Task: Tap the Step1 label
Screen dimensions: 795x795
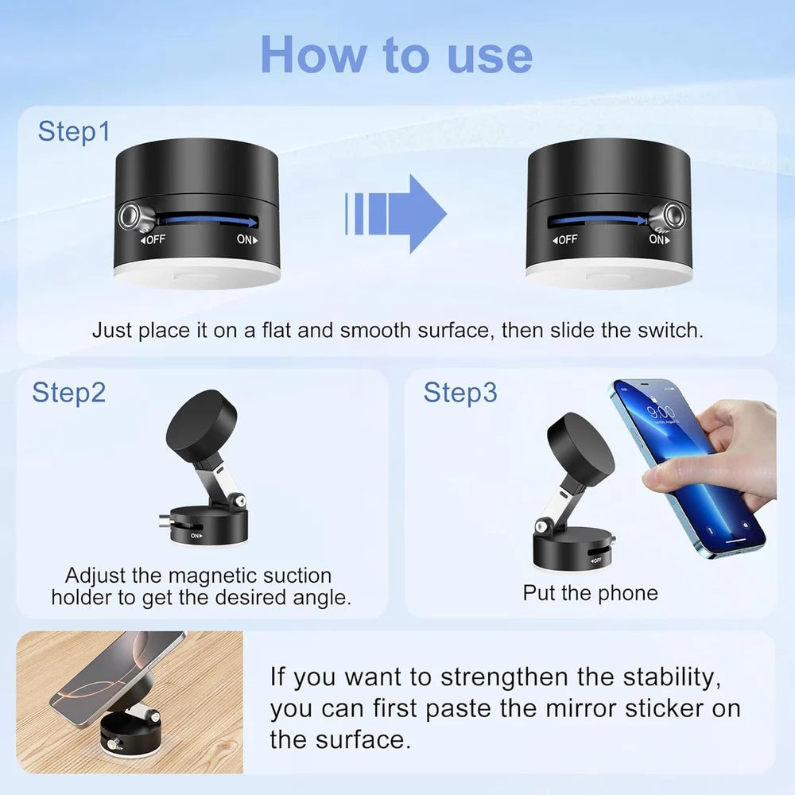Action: tap(74, 132)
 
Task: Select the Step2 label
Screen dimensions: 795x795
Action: tap(68, 392)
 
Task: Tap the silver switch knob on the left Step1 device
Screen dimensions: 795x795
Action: tap(129, 215)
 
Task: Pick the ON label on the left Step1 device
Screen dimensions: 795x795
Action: tap(248, 238)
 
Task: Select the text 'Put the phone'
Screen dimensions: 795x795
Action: tap(590, 593)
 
